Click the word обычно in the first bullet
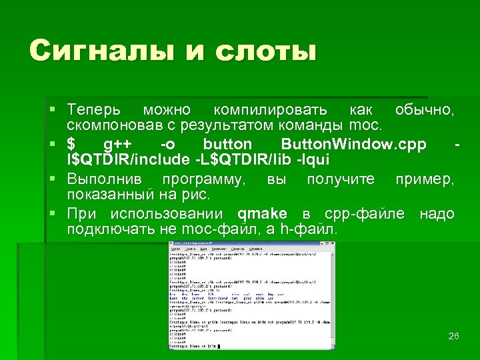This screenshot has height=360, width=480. pyautogui.click(x=424, y=109)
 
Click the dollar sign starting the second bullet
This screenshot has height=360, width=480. pyautogui.click(x=71, y=145)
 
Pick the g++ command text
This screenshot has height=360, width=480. pyautogui.click(x=118, y=145)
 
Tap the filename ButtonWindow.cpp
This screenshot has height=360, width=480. pyautogui.click(x=353, y=145)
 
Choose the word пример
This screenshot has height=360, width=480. pyautogui.click(x=425, y=180)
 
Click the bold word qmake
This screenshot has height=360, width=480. pyautogui.click(x=262, y=215)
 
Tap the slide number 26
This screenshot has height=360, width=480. pyautogui.click(x=453, y=336)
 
